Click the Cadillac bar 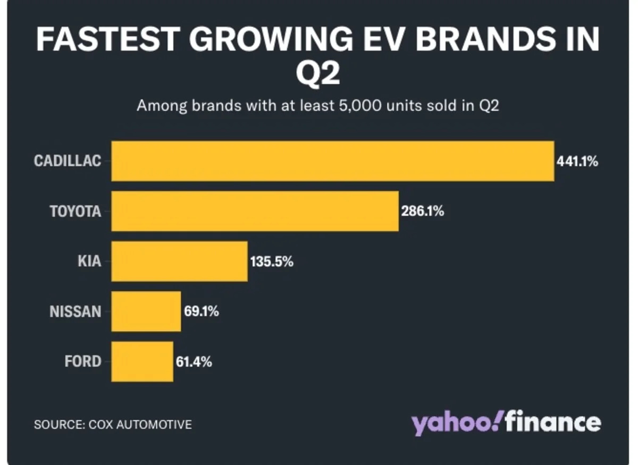(332, 161)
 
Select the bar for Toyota (255, 211)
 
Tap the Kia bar (179, 261)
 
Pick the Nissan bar (146, 311)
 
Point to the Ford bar (142, 361)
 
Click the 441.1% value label (577, 162)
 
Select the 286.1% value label (423, 212)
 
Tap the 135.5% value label (272, 261)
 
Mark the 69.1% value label (202, 312)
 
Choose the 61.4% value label (194, 362)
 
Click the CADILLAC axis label (68, 161)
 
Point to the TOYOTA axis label (75, 211)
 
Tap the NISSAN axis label (75, 311)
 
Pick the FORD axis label (82, 361)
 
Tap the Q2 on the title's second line (317, 74)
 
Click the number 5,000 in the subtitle (358, 105)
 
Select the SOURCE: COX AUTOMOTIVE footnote (113, 425)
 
